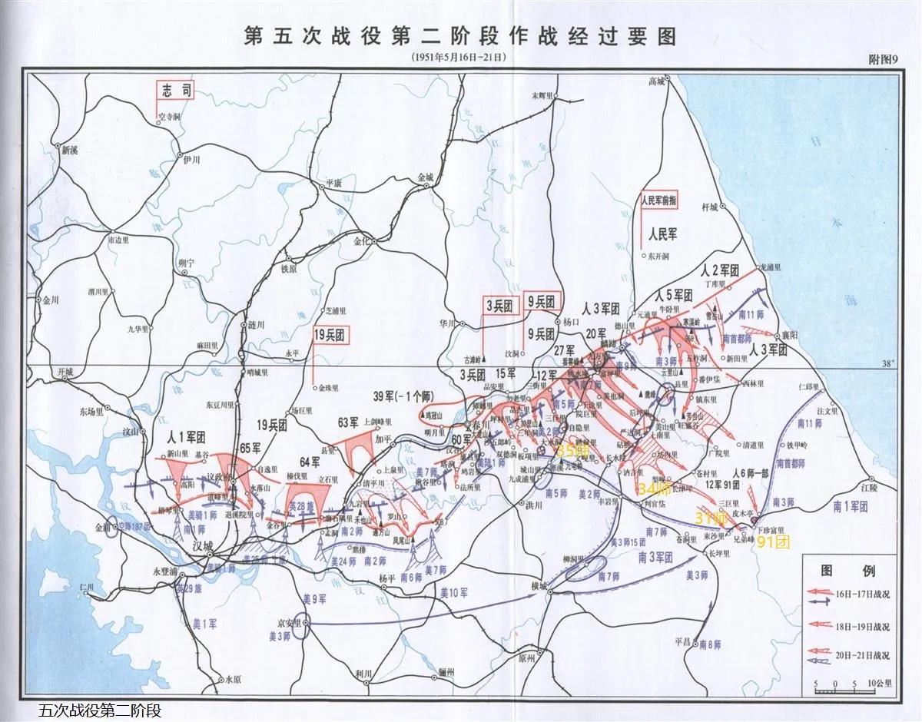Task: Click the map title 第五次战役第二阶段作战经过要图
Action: (460, 36)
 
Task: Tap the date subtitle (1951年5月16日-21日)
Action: (460, 58)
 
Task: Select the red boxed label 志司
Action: (174, 91)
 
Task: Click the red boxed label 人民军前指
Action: (666, 198)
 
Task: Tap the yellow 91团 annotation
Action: (773, 541)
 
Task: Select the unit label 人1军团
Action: (184, 436)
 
